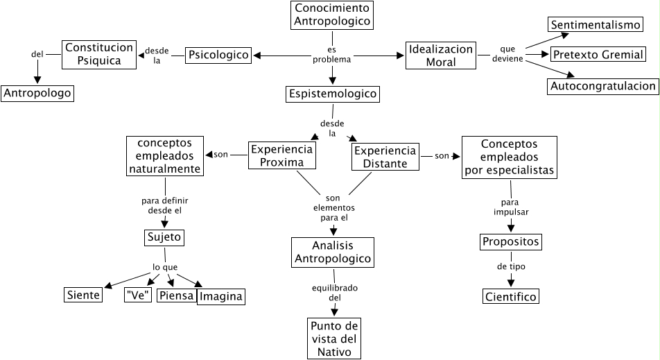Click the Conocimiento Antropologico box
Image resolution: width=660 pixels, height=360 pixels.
(x=333, y=15)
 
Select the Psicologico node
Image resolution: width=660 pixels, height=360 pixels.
(x=218, y=55)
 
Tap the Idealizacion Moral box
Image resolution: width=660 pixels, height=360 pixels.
(x=441, y=55)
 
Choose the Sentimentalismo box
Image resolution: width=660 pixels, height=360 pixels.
(x=596, y=25)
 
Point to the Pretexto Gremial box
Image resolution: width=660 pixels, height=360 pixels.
(x=599, y=55)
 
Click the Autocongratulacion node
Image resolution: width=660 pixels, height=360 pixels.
(x=602, y=86)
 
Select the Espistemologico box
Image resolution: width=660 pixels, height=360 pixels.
(x=333, y=93)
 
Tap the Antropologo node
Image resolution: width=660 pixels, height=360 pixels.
(x=37, y=93)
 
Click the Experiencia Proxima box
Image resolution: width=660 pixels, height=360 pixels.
(x=282, y=156)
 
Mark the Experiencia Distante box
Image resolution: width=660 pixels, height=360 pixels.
(x=385, y=157)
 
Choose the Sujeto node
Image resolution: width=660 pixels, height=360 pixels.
(x=164, y=238)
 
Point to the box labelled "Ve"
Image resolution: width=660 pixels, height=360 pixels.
(x=138, y=295)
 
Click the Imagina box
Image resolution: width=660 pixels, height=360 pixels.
(x=221, y=297)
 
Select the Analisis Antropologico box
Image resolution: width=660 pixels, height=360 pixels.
(x=333, y=252)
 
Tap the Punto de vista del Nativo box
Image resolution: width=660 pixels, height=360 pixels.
(x=333, y=338)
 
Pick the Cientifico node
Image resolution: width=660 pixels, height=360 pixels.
(x=511, y=297)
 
